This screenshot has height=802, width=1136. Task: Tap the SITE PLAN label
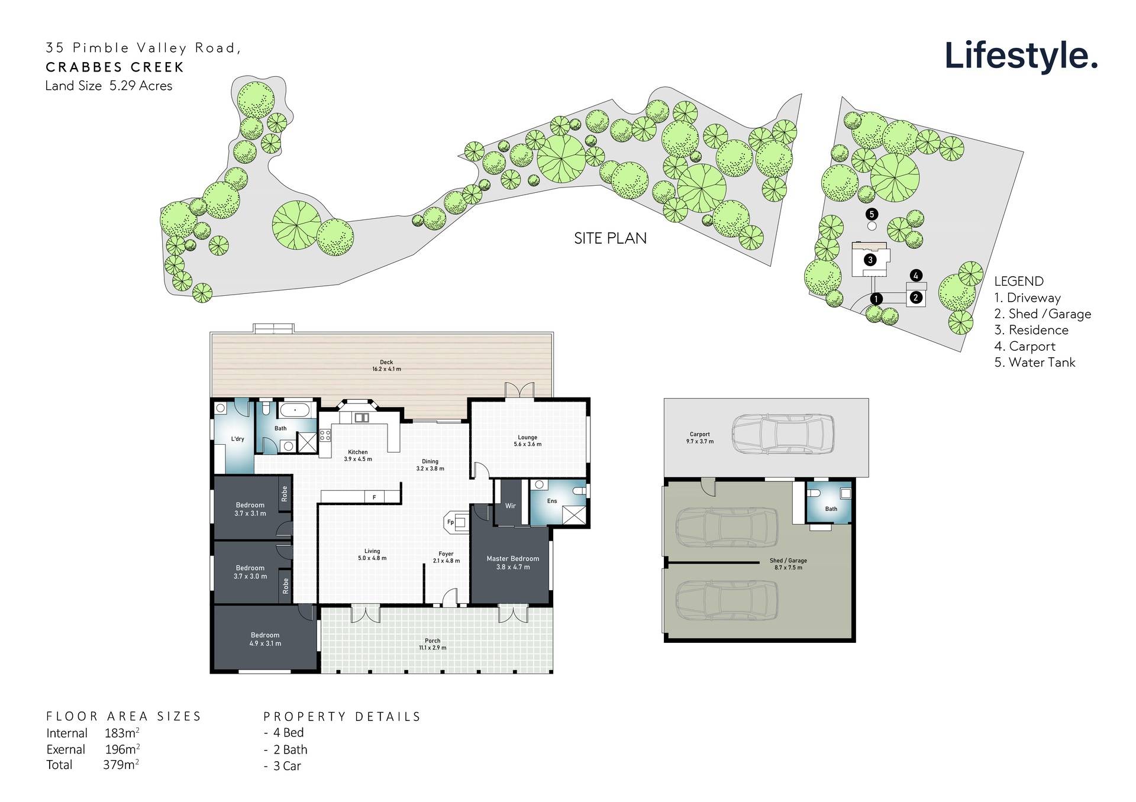coord(610,238)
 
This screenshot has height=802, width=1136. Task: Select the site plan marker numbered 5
coord(871,214)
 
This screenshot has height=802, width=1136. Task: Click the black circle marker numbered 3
coord(870,260)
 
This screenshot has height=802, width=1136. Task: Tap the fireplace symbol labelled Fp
coord(451,522)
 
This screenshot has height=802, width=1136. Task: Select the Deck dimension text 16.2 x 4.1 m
coord(386,369)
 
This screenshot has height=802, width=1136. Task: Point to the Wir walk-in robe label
coord(510,506)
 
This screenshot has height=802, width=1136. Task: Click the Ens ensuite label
coord(551,502)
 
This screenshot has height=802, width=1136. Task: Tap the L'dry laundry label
coord(237,439)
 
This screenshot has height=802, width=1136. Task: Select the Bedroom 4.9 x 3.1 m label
coord(264,639)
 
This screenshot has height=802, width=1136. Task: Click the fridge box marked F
coord(374,497)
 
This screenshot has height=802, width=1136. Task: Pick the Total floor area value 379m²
coord(121,765)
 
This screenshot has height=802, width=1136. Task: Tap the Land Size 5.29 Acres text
coord(109,86)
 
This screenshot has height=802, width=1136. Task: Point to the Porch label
coord(433,641)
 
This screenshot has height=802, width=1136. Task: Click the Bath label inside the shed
coord(831,509)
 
